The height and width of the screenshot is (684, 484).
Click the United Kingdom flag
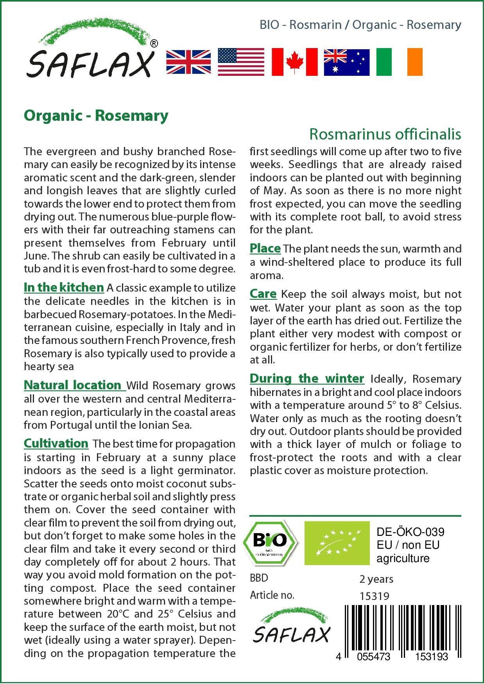coord(188,62)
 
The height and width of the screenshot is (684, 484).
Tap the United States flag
coord(241,62)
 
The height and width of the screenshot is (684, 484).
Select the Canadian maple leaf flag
coord(294,62)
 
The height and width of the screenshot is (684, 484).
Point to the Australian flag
coord(346,62)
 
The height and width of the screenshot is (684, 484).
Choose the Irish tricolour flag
coord(399,62)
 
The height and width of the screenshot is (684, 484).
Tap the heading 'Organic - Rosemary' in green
coord(96,116)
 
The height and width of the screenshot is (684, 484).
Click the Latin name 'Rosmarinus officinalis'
coord(385,134)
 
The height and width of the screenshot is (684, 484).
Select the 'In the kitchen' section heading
coord(64,287)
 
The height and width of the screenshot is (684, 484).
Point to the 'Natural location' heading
coord(73,385)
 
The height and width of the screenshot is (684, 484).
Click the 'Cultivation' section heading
coord(56,443)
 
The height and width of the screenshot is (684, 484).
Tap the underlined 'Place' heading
coord(265,248)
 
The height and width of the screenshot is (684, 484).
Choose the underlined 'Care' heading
coord(263,294)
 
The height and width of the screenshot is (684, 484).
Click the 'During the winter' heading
coord(307,378)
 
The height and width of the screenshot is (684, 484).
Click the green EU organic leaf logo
coord(337,543)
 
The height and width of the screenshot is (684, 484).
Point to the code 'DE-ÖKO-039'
coord(411,532)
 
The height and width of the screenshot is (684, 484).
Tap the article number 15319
coord(374,596)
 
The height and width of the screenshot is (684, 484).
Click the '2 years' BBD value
coord(376,579)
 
